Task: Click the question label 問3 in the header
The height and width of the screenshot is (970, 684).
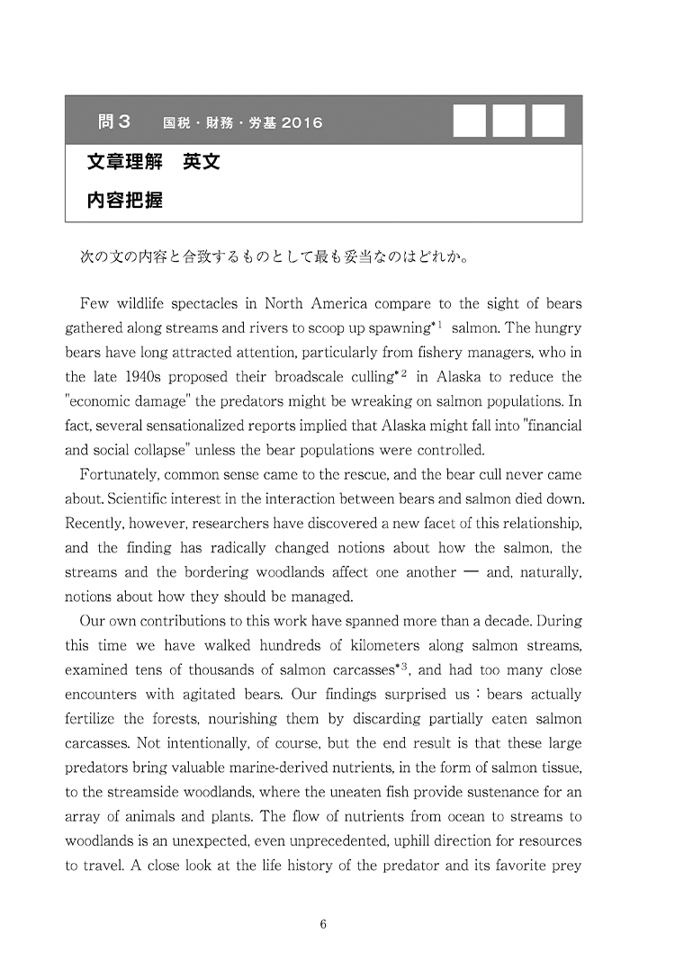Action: click(114, 121)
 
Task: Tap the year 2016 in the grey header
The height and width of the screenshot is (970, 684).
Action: click(301, 122)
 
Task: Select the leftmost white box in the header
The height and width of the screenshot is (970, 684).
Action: click(469, 121)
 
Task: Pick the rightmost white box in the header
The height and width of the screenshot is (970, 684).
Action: click(548, 121)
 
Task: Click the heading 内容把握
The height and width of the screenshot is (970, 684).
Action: click(125, 201)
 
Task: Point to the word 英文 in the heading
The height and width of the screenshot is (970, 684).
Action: click(202, 163)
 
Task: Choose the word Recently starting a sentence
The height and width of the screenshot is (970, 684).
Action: click(95, 523)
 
